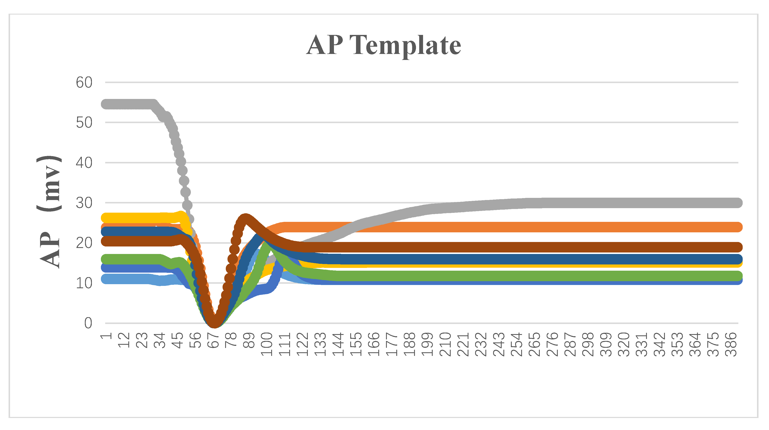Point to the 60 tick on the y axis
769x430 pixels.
[x=84, y=82]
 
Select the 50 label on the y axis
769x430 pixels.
[x=84, y=123]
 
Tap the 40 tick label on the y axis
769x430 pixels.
[x=84, y=163]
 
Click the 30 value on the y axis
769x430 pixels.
[x=84, y=203]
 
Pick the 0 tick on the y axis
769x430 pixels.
[x=88, y=323]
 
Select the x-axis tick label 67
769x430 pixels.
[x=213, y=340]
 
